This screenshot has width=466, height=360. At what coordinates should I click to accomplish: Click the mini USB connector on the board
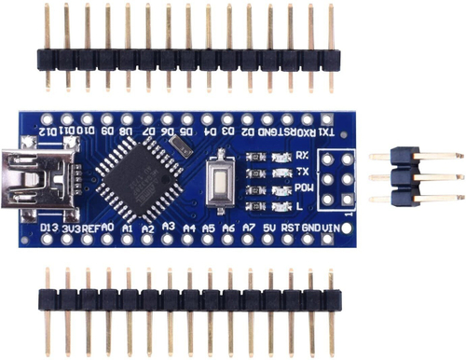(25, 174)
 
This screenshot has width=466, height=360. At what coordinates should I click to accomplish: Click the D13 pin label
(50, 228)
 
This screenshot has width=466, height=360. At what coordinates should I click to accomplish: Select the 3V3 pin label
(71, 228)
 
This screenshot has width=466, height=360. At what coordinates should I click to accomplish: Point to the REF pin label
(91, 228)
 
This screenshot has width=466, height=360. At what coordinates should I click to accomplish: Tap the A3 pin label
(169, 225)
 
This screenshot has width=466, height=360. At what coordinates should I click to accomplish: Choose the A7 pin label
(249, 227)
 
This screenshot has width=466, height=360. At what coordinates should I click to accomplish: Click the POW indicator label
(303, 188)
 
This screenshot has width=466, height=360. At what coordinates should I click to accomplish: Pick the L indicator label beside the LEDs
(300, 204)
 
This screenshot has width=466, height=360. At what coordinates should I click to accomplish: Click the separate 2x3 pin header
(415, 176)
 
